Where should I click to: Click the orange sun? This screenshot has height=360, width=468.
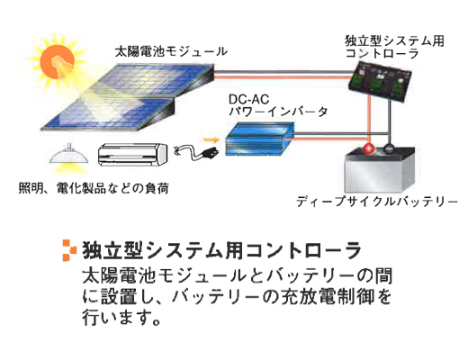click(x=57, y=61)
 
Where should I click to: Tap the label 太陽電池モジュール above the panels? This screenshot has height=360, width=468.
click(x=171, y=51)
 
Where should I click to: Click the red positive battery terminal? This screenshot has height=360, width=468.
click(x=369, y=148)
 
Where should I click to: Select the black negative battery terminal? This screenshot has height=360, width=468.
click(x=390, y=149)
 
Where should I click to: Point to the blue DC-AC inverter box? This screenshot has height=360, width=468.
click(x=260, y=139)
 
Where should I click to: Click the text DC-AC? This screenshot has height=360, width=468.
click(x=248, y=99)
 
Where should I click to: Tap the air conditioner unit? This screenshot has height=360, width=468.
click(x=132, y=155)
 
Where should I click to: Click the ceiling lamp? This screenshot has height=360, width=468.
click(x=69, y=155)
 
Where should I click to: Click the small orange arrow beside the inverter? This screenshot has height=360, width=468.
click(x=211, y=139)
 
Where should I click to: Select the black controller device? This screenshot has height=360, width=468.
click(x=380, y=81)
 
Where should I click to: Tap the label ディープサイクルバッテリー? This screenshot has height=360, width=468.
click(x=377, y=202)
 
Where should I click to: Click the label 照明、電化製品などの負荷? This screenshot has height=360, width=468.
click(x=94, y=188)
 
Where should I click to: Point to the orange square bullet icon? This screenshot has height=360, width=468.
click(x=69, y=250)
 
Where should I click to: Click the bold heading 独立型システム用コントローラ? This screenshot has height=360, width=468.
click(x=221, y=250)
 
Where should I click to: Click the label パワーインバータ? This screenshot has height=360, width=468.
click(x=278, y=112)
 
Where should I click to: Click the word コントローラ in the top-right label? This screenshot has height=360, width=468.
click(x=382, y=53)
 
